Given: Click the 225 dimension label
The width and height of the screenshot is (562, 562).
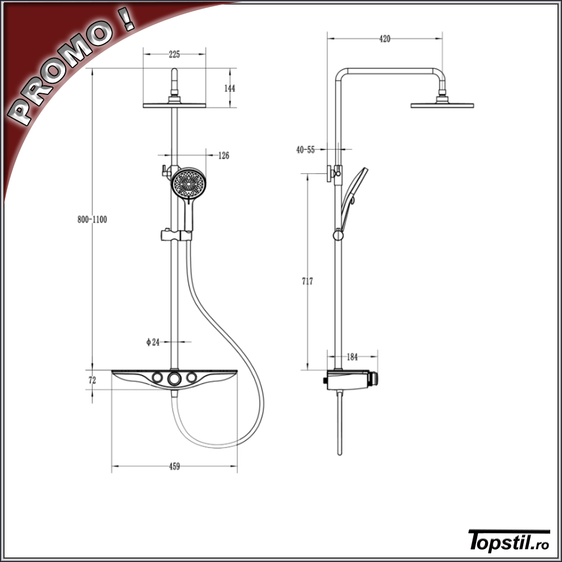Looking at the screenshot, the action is pyautogui.click(x=174, y=55).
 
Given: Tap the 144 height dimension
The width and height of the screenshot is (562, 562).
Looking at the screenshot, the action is pyautogui.click(x=230, y=88).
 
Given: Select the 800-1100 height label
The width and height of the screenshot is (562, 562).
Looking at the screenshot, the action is pyautogui.click(x=92, y=219).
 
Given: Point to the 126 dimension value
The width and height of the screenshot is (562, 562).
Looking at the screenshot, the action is pyautogui.click(x=224, y=156).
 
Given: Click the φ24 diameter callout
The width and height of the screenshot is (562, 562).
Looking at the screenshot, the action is pyautogui.click(x=153, y=342).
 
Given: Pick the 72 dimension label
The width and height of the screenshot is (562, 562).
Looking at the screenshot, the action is pyautogui.click(x=93, y=380).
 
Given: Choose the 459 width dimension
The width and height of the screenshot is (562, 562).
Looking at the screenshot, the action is pyautogui.click(x=174, y=466).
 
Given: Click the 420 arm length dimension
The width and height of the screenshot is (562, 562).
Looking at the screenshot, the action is pyautogui.click(x=384, y=39).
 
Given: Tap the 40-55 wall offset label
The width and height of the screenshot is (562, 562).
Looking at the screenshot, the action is pyautogui.click(x=305, y=150).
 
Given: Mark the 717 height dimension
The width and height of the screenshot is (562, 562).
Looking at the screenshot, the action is pyautogui.click(x=307, y=282).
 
